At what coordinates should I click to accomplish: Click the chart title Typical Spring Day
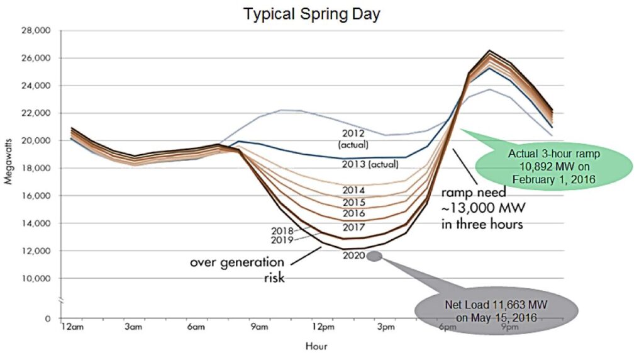(312, 14)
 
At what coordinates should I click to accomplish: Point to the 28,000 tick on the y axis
(36, 30)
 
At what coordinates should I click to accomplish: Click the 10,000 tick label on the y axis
(36, 278)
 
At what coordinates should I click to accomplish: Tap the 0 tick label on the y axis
(48, 318)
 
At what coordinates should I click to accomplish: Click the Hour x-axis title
(316, 346)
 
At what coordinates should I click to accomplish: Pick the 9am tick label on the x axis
(259, 327)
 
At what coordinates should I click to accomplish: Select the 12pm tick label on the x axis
(323, 327)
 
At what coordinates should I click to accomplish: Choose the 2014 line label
(354, 190)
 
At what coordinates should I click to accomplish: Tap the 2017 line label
(355, 227)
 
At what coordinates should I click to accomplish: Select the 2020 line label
(354, 256)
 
